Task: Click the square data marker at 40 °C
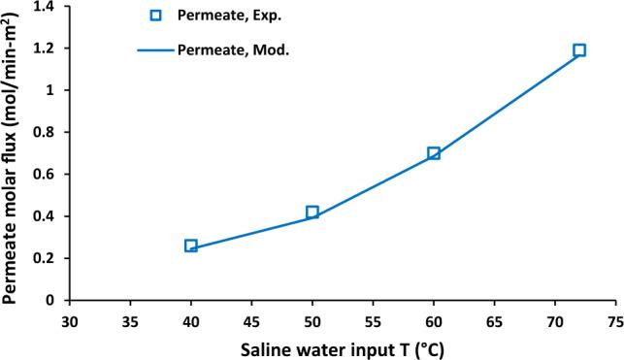click(x=191, y=246)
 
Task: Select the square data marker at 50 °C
click(x=312, y=212)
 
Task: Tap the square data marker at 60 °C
click(x=434, y=153)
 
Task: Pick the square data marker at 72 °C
click(x=579, y=50)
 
